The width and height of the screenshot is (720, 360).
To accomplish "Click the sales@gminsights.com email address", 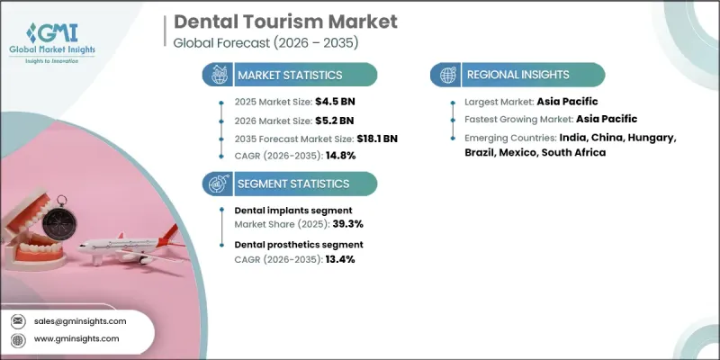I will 81,320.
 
